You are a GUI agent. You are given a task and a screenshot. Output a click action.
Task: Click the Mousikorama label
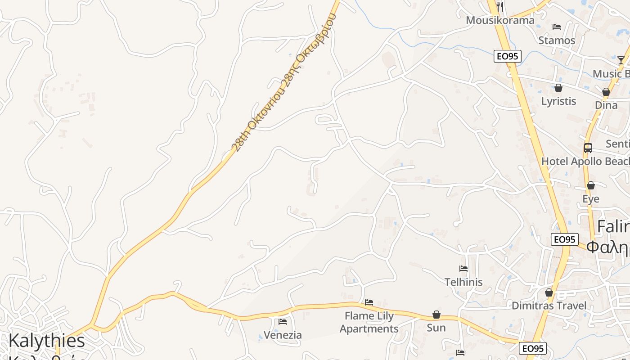click(x=500, y=20)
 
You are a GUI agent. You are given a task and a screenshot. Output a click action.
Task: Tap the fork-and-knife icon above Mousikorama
click(x=499, y=6)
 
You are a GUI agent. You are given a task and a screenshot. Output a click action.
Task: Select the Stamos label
click(x=557, y=40)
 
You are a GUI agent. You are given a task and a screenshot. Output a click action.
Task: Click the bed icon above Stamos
click(x=557, y=27)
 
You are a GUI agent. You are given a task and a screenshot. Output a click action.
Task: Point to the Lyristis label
click(x=558, y=101)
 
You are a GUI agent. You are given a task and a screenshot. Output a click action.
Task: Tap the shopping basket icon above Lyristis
click(x=558, y=88)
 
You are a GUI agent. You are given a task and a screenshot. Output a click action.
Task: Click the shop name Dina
click(x=606, y=105)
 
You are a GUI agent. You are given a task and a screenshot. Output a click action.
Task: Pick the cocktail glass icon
click(x=621, y=60)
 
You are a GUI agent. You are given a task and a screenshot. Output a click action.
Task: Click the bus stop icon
click(x=588, y=148)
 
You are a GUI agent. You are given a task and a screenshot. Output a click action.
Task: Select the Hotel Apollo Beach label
click(x=585, y=161)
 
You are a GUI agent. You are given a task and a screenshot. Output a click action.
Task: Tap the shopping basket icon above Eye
click(x=591, y=185)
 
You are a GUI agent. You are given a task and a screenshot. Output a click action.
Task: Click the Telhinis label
click(x=463, y=282)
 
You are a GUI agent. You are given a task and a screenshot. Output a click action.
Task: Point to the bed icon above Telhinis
click(x=463, y=269)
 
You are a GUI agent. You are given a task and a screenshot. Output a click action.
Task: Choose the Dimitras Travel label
click(x=549, y=306)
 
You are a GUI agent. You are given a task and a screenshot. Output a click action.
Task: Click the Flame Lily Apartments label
click(x=369, y=322)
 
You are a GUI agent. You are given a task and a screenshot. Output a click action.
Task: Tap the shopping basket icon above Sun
click(x=436, y=315)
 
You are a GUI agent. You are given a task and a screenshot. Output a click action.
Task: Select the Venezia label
click(x=283, y=335)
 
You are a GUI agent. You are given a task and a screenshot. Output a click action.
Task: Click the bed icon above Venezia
click(x=283, y=321)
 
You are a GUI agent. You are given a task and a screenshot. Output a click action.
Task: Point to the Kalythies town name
click(x=47, y=341)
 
